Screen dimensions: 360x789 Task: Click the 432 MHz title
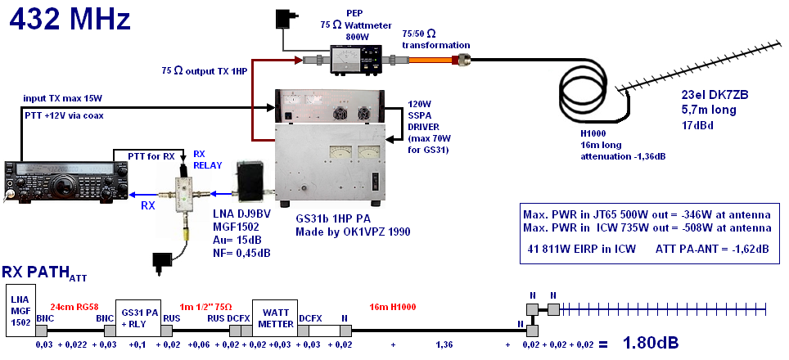coord(70,19)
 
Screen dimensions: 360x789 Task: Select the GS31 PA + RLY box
coord(139,317)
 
